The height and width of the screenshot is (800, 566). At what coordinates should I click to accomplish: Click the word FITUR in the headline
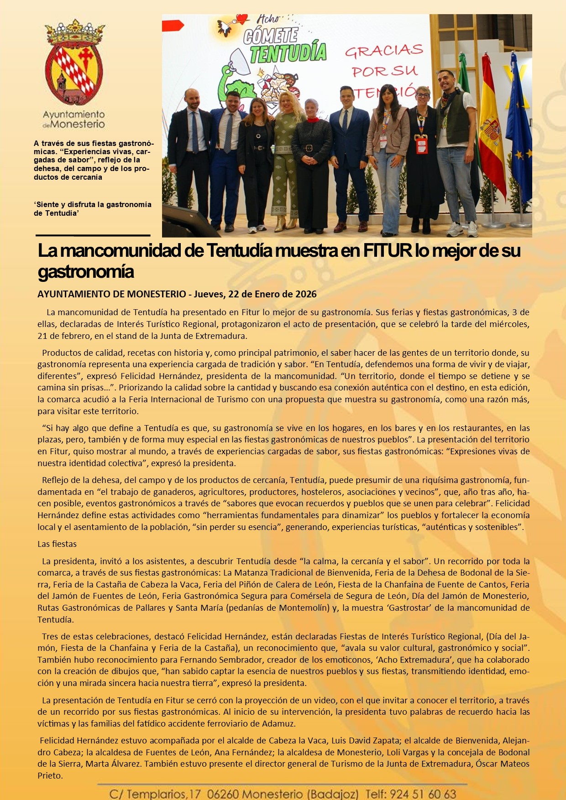(x=388, y=250)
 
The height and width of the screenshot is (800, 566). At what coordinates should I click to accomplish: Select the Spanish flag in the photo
(x=492, y=132)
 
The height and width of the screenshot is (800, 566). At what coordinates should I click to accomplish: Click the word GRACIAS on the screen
(x=384, y=51)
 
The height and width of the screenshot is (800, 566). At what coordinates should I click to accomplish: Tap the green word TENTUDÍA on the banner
(x=288, y=53)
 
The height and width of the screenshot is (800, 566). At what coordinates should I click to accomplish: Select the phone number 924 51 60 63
(x=423, y=794)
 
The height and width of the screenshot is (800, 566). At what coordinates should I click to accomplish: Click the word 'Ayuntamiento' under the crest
(x=74, y=114)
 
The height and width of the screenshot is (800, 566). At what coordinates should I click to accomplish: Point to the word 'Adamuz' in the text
(x=278, y=723)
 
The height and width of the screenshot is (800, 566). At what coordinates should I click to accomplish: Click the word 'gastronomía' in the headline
(x=86, y=272)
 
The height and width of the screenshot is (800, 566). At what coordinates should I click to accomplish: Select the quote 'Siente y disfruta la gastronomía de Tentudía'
(x=93, y=209)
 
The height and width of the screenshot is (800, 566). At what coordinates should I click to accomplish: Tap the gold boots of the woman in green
(x=285, y=223)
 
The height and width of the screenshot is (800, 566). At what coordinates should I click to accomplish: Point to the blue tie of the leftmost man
(x=195, y=132)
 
